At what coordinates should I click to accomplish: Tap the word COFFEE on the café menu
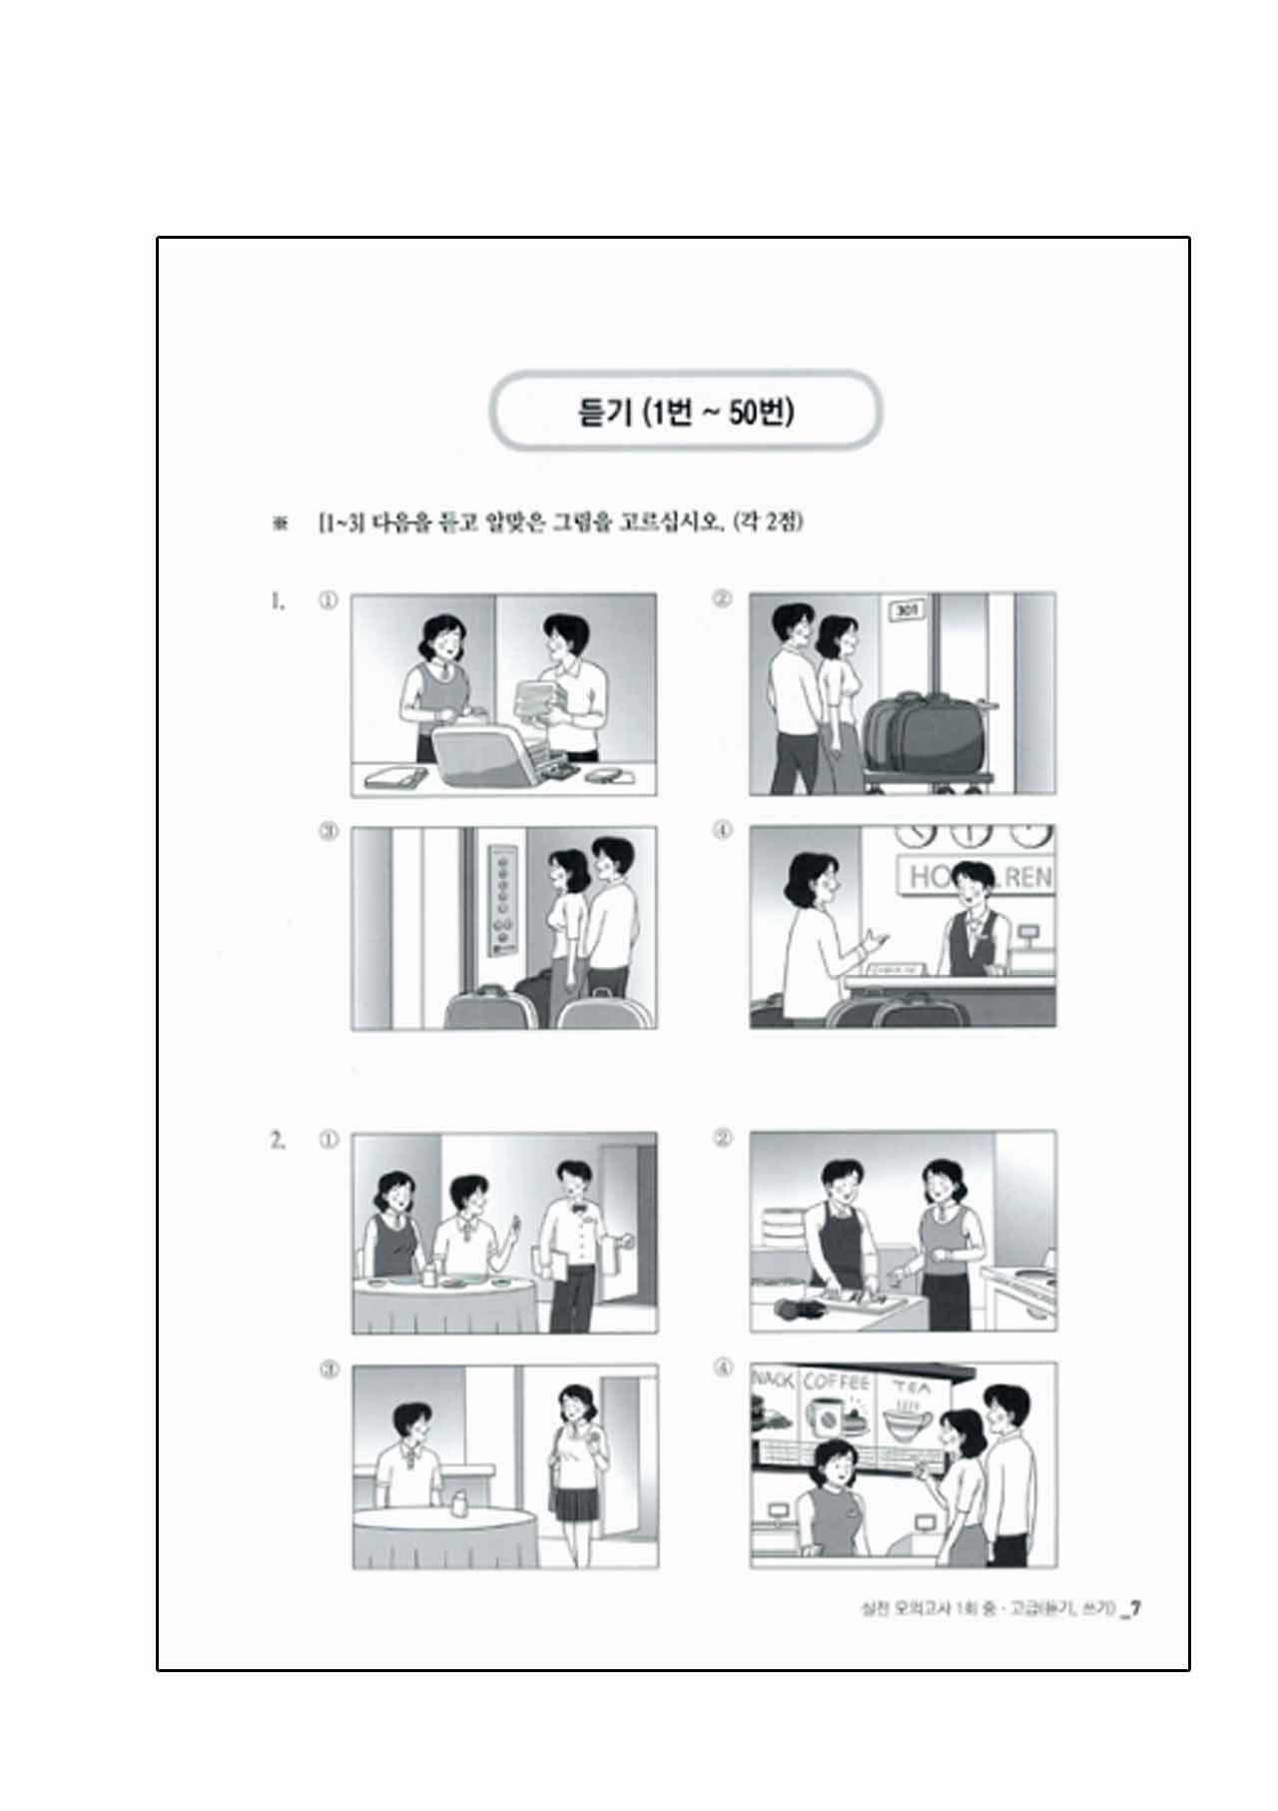coord(837,1382)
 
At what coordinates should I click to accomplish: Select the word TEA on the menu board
coord(910,1386)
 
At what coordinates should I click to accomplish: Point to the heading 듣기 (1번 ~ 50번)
coord(686,412)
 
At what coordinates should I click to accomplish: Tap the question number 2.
coord(278,1140)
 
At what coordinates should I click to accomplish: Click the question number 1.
coord(278,601)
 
